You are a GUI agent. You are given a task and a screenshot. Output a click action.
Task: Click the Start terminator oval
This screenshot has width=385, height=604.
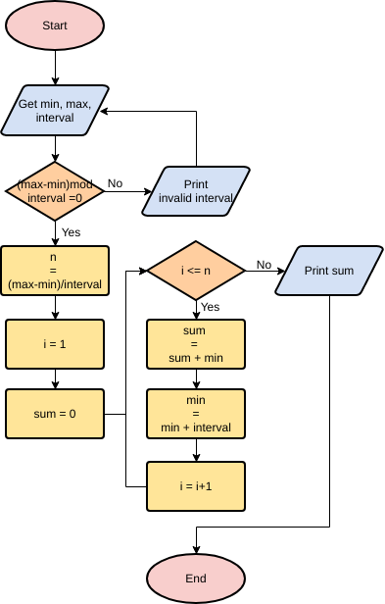[55, 26]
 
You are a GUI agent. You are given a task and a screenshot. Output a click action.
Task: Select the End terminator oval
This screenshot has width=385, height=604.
[196, 578]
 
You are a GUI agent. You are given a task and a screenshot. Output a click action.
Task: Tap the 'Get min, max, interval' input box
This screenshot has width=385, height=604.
[55, 110]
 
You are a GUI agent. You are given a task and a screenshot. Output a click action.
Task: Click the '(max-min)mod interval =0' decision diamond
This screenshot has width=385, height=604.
[55, 190]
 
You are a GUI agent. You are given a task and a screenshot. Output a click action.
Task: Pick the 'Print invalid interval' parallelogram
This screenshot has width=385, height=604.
[196, 190]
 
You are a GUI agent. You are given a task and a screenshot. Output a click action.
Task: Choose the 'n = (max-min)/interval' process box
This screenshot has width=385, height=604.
[55, 270]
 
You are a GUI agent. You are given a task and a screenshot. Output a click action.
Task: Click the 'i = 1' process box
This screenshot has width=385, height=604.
[55, 343]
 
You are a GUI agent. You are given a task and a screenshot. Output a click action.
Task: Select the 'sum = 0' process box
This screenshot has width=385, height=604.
[55, 414]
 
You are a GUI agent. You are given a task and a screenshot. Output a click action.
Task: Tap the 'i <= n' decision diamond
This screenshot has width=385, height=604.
[196, 270]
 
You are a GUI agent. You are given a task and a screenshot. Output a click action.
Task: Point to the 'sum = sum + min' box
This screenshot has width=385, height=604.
[196, 343]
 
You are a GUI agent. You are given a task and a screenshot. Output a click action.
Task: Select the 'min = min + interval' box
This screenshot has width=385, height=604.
[196, 414]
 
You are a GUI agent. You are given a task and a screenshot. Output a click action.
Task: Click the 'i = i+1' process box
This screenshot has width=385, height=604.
[196, 486]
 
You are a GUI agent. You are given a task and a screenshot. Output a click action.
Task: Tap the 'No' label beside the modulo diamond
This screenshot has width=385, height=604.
[115, 183]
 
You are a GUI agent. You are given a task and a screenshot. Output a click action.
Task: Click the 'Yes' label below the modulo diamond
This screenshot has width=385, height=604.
[71, 232]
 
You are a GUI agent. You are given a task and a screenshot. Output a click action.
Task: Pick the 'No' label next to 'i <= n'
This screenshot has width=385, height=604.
[264, 264]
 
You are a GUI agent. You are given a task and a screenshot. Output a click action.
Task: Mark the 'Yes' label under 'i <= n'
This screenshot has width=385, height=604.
[210, 307]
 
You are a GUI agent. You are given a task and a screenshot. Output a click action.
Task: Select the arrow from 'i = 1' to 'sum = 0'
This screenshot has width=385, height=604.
[55, 378]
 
